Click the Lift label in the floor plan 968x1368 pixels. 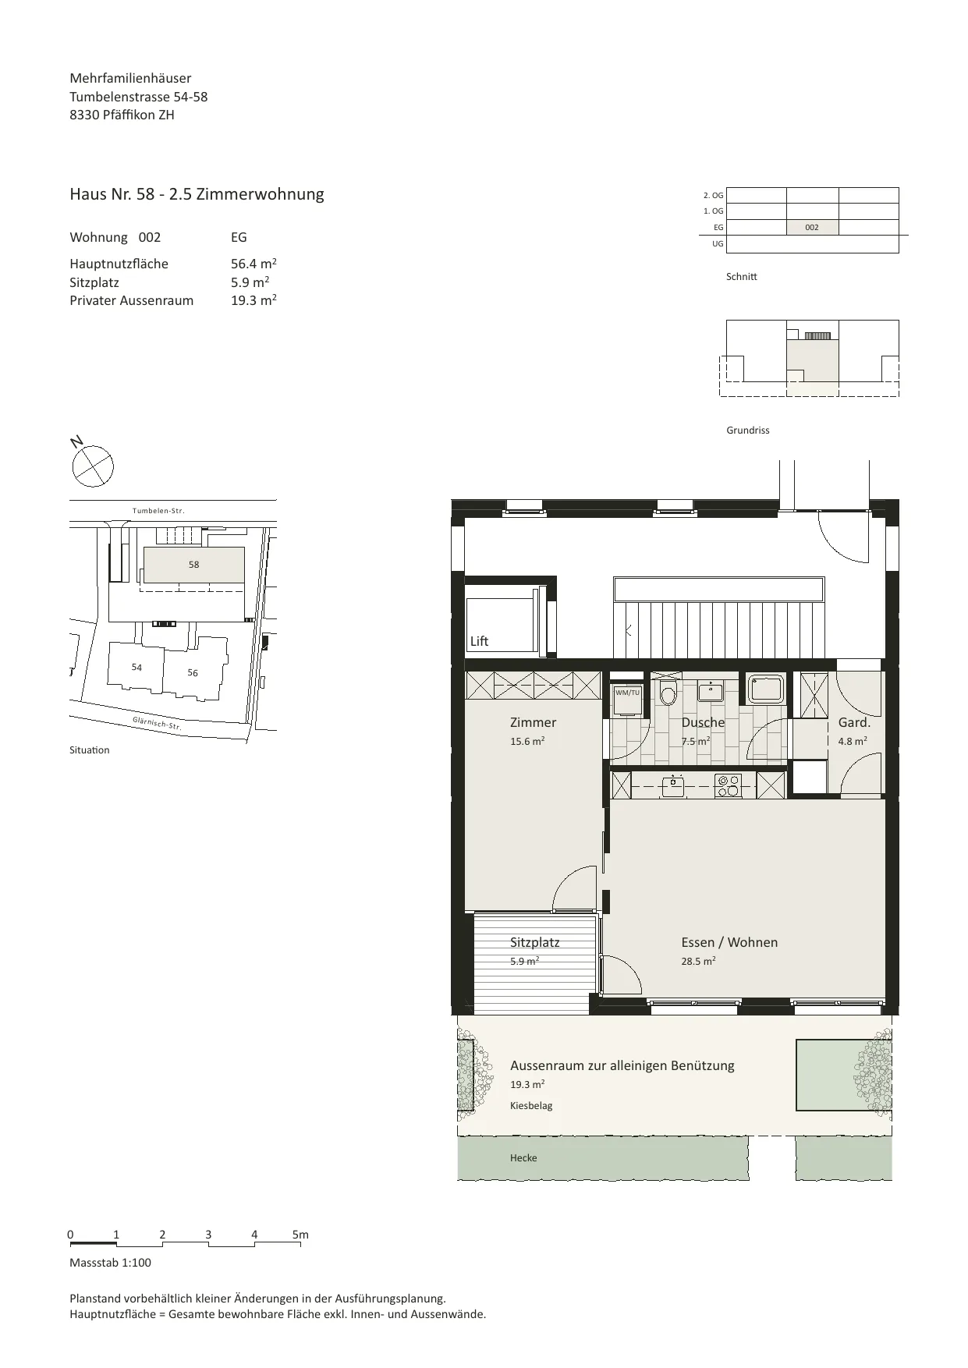coord(479,641)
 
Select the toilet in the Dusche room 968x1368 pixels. coord(668,693)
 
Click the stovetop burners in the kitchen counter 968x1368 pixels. coord(728,785)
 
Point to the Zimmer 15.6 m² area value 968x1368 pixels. coord(527,741)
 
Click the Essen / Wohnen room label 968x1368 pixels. coord(729,942)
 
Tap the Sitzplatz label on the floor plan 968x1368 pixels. coord(535,942)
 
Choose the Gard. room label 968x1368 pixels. coord(854,722)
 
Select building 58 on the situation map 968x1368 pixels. coord(193,564)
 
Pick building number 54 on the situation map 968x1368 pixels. coord(137,667)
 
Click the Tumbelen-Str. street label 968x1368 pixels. coord(158,511)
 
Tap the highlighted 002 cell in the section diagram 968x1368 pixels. coord(812,228)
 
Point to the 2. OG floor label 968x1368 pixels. coord(713,195)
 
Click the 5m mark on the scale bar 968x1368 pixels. coord(300,1235)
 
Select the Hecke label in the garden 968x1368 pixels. coord(523,1157)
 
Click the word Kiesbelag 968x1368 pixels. coord(531,1105)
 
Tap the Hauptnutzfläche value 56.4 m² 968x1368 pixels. coord(254,264)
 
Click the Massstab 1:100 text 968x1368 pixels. coord(111,1263)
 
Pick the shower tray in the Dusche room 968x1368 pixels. coord(765,689)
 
